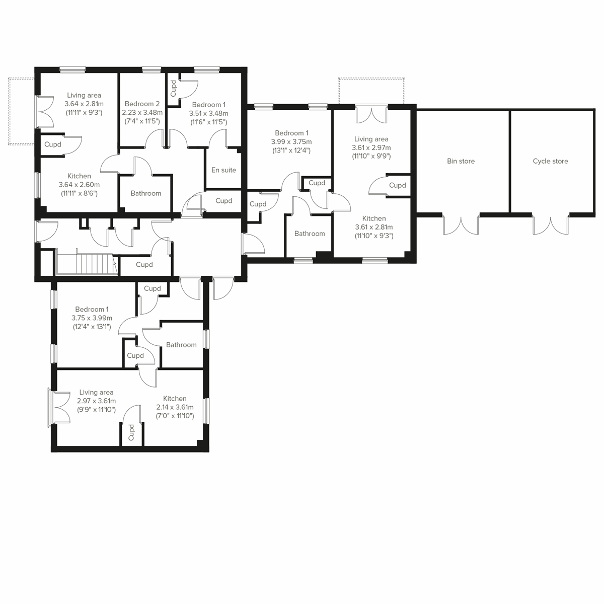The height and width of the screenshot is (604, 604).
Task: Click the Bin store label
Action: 461,161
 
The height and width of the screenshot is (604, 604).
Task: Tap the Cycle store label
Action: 550,161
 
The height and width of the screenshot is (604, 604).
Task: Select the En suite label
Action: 223,170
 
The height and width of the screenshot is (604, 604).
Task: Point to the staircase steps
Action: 86,263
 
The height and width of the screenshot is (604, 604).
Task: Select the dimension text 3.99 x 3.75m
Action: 291,141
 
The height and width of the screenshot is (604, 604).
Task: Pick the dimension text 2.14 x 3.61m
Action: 175,407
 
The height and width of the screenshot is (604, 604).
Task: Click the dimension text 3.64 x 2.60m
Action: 79,185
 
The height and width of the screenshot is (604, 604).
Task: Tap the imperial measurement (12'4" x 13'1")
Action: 92,327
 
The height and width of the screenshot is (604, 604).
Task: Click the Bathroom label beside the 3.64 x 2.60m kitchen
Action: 145,193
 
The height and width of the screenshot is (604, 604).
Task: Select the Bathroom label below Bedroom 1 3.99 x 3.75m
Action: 310,234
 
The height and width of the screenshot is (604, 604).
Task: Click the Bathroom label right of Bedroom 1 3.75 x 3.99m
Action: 181,345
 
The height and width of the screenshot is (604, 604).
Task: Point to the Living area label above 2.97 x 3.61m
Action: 96,392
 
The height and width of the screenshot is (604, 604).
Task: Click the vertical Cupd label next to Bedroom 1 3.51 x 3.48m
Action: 174,89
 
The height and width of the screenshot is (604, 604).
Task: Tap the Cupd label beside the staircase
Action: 144,265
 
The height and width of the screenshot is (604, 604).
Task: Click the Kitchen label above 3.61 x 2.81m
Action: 374,218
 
